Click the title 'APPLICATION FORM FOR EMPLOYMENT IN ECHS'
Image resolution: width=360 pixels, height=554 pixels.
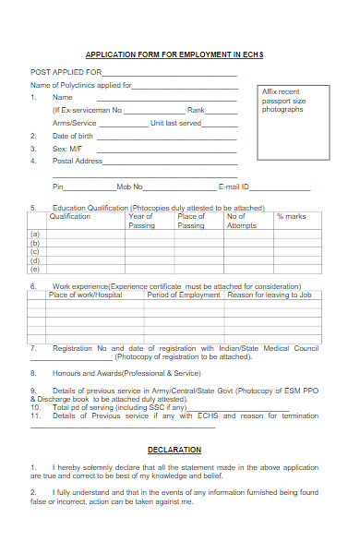(174, 55)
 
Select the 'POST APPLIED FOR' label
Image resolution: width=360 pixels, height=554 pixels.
(66, 71)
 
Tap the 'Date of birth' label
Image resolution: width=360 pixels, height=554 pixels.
(74, 136)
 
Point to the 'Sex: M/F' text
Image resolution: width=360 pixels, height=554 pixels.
(67, 148)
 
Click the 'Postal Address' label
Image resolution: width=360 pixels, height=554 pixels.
(78, 161)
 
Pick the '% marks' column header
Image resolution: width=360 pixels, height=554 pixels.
(291, 216)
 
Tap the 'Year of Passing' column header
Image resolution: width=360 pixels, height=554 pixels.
(141, 221)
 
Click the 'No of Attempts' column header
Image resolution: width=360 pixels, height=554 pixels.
(241, 221)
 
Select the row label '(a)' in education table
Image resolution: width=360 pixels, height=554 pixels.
(35, 235)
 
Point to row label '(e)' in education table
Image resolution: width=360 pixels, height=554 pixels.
(35, 269)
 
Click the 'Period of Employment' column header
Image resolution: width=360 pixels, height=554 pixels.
(184, 295)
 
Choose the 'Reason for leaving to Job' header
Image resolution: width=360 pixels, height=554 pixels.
(269, 295)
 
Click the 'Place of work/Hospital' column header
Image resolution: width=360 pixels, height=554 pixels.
(85, 295)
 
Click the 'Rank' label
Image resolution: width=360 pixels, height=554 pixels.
(196, 110)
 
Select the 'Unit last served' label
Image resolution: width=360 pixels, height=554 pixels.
(175, 123)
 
